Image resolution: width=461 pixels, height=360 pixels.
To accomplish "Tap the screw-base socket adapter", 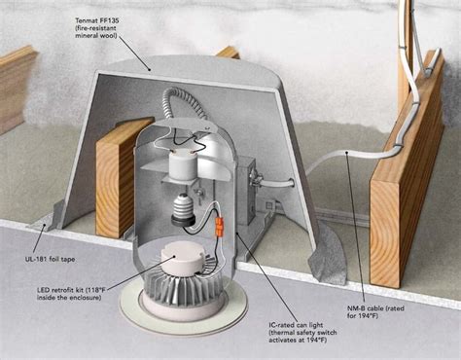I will click(181, 208).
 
